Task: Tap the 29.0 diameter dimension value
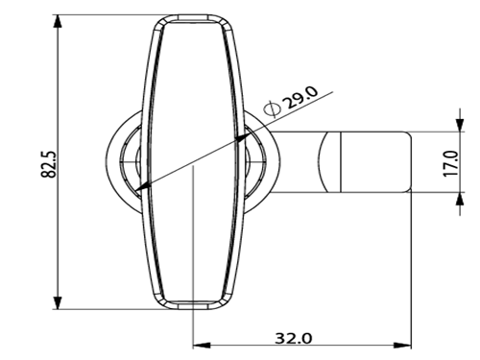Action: [x=301, y=97]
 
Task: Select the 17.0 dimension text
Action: [x=450, y=162]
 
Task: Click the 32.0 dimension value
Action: [x=294, y=338]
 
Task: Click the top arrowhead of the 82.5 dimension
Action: [x=58, y=21]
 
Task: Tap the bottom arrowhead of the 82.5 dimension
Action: [x=58, y=302]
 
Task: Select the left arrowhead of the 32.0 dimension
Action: [x=202, y=346]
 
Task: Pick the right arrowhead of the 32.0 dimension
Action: [x=402, y=346]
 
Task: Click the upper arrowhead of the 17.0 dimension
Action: [x=460, y=125]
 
